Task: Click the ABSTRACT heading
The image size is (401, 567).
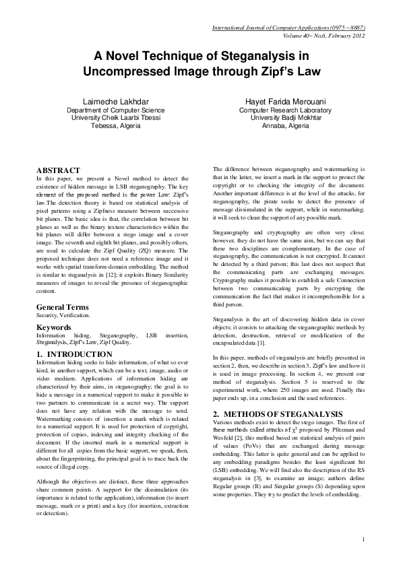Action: (x=59, y=170)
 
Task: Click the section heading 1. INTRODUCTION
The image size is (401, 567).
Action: (x=74, y=354)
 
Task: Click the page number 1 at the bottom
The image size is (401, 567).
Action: (x=363, y=558)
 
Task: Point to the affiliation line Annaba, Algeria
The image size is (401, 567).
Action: (x=285, y=125)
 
